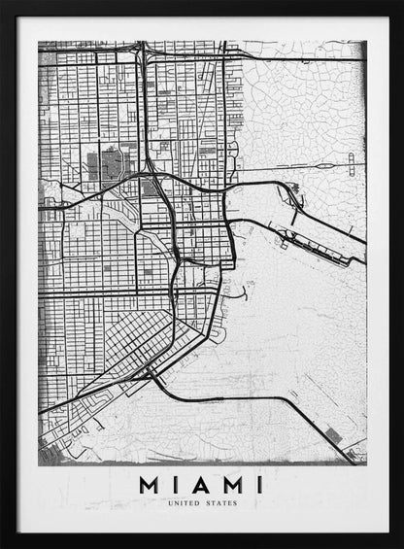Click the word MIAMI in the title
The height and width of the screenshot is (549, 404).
tap(201, 484)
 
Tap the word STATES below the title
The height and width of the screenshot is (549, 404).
tap(221, 503)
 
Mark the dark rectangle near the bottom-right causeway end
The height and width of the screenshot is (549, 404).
tap(336, 437)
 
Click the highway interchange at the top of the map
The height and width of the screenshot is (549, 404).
tap(142, 53)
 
